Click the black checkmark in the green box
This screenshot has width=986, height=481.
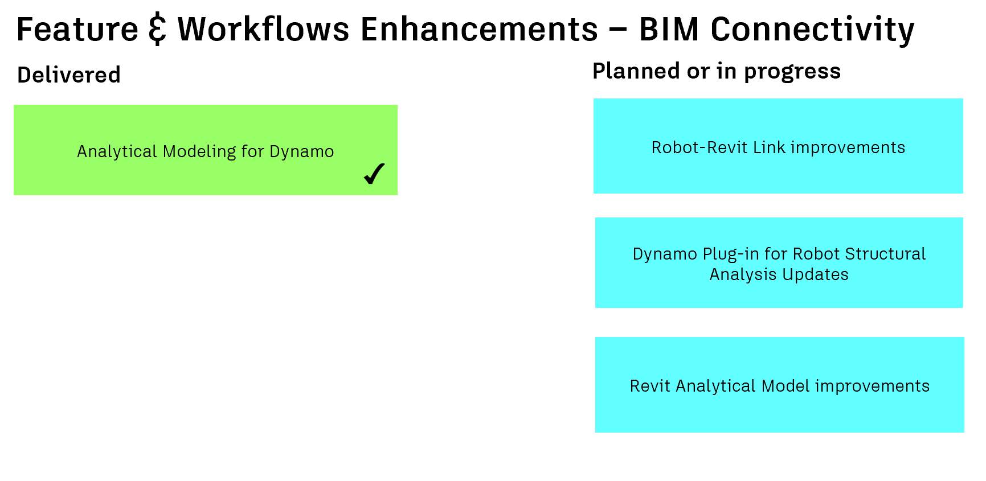[374, 174]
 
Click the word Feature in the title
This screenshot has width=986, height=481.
[77, 30]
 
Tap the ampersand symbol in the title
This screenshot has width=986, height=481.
[158, 30]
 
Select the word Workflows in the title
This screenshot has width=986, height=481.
[263, 30]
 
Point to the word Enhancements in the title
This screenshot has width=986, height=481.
[479, 30]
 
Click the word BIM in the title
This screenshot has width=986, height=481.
[669, 30]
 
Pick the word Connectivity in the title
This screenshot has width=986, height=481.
[812, 30]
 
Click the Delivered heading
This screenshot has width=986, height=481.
[69, 75]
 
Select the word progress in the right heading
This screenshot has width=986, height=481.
[792, 72]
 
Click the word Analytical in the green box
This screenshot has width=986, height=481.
[117, 151]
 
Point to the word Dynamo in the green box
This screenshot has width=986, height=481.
[301, 152]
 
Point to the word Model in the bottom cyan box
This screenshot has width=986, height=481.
[785, 386]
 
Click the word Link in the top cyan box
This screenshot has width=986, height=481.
[769, 147]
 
